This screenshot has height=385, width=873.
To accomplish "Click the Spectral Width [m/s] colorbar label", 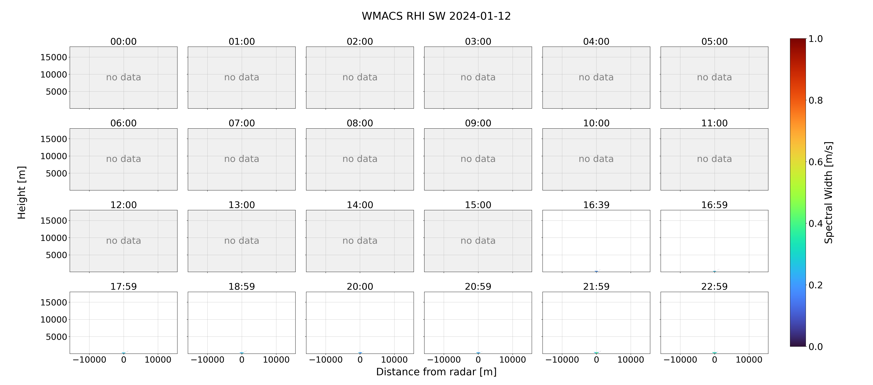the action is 829,192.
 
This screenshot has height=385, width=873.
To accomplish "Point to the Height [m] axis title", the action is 22,192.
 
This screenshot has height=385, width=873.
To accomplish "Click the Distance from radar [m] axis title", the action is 436,372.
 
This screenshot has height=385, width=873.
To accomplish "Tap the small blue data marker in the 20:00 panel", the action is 360,353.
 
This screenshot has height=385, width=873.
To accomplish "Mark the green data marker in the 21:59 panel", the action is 596,353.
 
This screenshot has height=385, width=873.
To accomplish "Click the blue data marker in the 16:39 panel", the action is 596,271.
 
